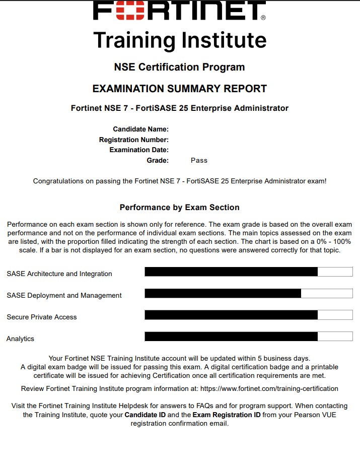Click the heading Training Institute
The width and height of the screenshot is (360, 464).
pyautogui.click(x=180, y=40)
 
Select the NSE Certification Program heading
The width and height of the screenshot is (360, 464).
pyautogui.click(x=180, y=67)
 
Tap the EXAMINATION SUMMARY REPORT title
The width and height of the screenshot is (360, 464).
pyautogui.click(x=180, y=89)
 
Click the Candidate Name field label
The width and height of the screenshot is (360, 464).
pyautogui.click(x=140, y=129)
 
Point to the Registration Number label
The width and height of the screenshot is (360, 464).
pyautogui.click(x=133, y=140)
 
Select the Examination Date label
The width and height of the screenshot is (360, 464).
pyautogui.click(x=138, y=150)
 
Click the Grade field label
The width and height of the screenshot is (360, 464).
pyautogui.click(x=157, y=160)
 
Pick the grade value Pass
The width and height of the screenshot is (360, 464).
pyautogui.click(x=199, y=160)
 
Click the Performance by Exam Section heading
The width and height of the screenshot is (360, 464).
pyautogui.click(x=180, y=208)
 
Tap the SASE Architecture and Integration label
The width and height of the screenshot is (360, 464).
pyautogui.click(x=59, y=274)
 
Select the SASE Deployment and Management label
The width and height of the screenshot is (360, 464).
pyautogui.click(x=64, y=296)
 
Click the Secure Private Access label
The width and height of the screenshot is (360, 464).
pyautogui.click(x=42, y=317)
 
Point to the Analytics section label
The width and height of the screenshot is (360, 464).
pyautogui.click(x=20, y=339)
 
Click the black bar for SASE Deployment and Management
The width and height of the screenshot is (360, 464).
pyautogui.click(x=223, y=293)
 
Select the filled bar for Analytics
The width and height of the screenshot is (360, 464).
pyautogui.click(x=231, y=337)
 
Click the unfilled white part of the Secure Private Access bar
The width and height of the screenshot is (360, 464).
pyautogui.click(x=335, y=315)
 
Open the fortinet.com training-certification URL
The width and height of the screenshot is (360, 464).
pyautogui.click(x=269, y=389)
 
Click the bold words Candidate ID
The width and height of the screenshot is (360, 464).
pyautogui.click(x=147, y=415)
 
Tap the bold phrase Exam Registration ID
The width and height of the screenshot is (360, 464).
pyautogui.click(x=227, y=415)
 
